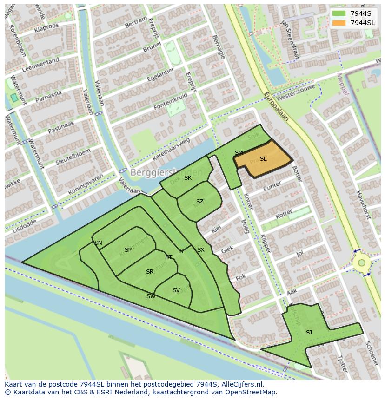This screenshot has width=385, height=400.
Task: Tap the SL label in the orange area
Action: click(263, 159)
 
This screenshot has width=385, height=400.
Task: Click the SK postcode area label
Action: click(188, 178)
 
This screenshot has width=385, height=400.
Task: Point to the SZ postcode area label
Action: click(200, 202)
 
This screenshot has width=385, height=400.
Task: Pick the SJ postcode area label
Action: click(309, 332)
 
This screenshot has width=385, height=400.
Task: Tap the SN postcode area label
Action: click(98, 243)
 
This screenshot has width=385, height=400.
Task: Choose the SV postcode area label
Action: click(176, 290)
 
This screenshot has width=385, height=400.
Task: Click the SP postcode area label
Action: click(128, 250)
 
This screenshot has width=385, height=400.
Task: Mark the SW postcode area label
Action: click(151, 296)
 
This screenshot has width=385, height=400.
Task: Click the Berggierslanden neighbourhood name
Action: click(166, 173)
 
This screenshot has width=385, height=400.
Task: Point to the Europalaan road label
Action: click(276, 106)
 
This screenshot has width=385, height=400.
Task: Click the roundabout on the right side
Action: click(361, 263)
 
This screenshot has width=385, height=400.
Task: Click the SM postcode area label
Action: click(239, 153)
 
